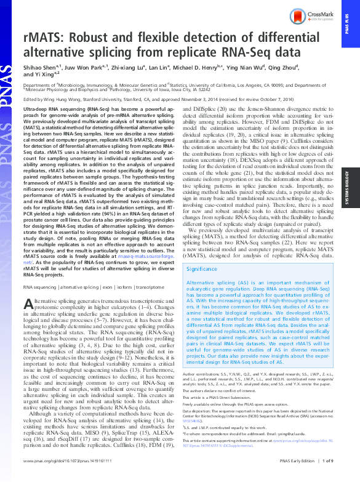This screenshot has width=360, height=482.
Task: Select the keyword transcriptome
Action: (150, 287)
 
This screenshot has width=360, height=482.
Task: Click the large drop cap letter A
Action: (29, 304)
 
